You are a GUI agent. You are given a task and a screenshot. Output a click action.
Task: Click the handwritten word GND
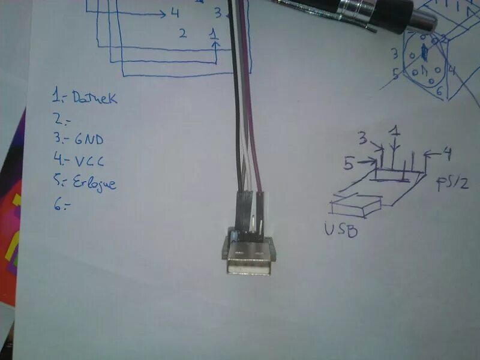(x=89, y=140)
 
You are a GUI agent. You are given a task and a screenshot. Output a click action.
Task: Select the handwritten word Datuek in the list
(x=94, y=97)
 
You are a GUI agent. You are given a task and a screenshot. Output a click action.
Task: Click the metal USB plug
(x=248, y=259)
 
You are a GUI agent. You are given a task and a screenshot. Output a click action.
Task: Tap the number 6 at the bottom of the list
(x=58, y=205)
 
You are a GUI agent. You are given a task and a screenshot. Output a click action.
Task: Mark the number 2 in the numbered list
(x=58, y=118)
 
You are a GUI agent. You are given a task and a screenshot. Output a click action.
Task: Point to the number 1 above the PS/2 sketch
(x=394, y=130)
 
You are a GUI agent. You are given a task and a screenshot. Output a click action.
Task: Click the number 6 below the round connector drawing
(x=439, y=91)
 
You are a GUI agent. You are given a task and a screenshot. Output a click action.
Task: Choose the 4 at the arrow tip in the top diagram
(x=175, y=13)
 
